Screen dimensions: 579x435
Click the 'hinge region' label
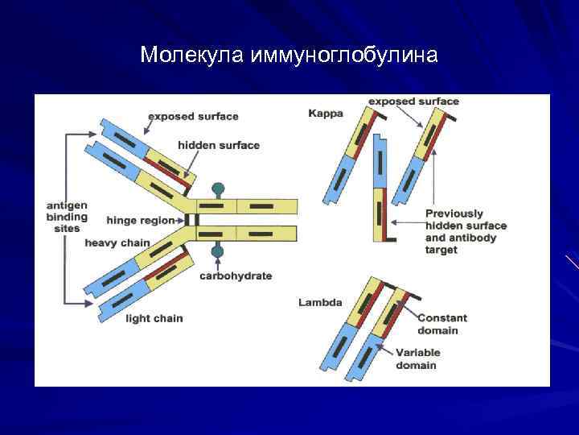click(140, 220)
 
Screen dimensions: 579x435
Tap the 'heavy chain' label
click(117, 243)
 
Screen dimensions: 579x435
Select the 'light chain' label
click(154, 318)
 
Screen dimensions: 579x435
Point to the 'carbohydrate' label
click(236, 275)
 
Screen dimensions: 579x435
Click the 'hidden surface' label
click(219, 145)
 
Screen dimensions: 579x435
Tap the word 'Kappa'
click(326, 114)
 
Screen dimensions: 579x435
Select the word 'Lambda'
click(320, 303)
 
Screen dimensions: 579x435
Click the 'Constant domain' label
click(442, 324)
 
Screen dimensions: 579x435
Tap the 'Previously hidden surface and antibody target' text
click(466, 232)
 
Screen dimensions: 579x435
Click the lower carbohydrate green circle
click(217, 253)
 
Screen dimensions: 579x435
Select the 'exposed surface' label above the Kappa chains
click(413, 101)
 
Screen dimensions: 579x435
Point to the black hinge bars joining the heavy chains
click(191, 220)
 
